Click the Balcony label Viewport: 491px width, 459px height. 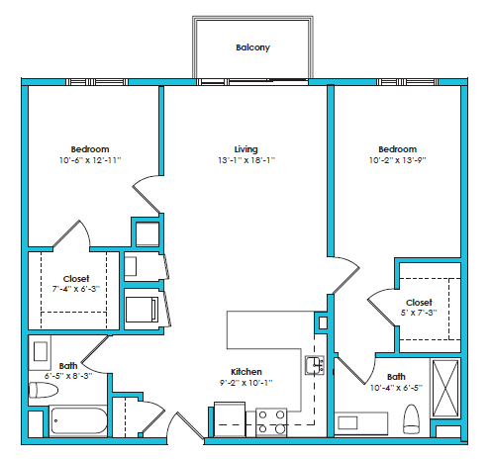coord(252,46)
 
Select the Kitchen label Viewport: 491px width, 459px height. coord(245,371)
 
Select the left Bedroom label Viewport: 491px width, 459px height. coord(89,148)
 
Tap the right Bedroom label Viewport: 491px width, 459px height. coord(396,148)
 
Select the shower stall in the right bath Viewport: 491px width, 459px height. coord(444,390)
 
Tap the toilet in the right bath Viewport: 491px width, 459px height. coord(412,423)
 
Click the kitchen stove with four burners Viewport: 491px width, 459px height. coord(271,421)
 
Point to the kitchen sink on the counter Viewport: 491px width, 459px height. coord(314,366)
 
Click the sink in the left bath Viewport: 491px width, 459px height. coord(42,351)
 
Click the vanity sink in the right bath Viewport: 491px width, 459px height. coord(347,423)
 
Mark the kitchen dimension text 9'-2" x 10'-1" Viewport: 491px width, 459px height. coord(245,382)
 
